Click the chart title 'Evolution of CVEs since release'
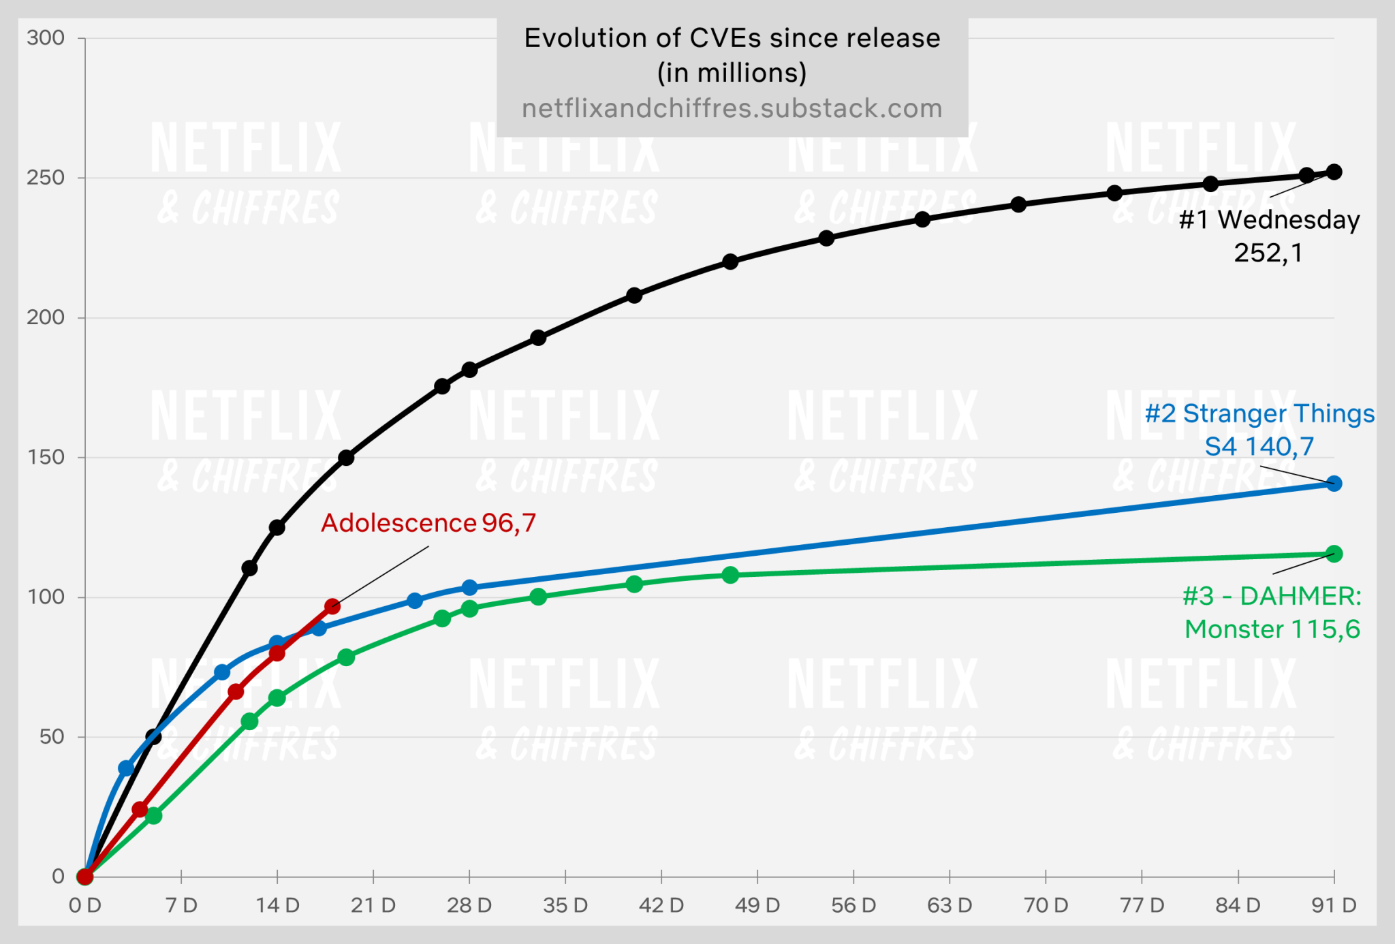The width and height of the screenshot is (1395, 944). click(x=732, y=39)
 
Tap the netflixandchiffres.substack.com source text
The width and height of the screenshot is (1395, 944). click(x=732, y=109)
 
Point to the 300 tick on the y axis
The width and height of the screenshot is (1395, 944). click(x=46, y=38)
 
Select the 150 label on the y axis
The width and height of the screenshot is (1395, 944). click(x=46, y=457)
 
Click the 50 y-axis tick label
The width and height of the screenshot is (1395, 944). click(x=52, y=737)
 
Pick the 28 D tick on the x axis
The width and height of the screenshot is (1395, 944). click(x=469, y=906)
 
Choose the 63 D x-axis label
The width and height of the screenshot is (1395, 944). click(x=950, y=906)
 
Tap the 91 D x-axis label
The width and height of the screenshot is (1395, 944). click(x=1334, y=906)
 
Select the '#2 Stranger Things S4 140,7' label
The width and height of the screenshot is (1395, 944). click(x=1259, y=430)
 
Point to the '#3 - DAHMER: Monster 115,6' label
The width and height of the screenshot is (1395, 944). click(x=1272, y=612)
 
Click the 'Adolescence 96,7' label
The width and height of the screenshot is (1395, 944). click(x=428, y=523)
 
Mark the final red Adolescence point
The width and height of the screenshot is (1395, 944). click(x=332, y=606)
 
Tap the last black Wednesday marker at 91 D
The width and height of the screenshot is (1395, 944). click(x=1334, y=172)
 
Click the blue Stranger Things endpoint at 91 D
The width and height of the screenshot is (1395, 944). click(x=1334, y=484)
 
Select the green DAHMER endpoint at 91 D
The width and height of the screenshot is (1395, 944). click(x=1334, y=554)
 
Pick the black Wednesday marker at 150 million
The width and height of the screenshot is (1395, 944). click(x=346, y=458)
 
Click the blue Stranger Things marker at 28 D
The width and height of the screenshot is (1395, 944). click(x=469, y=587)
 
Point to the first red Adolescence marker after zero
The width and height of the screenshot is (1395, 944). click(x=140, y=809)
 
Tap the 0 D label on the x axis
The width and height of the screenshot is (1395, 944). click(x=85, y=906)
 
